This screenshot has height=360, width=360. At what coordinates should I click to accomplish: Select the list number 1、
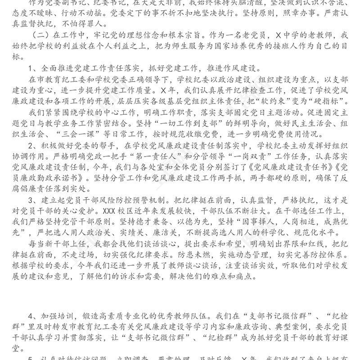(x=32, y=68)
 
